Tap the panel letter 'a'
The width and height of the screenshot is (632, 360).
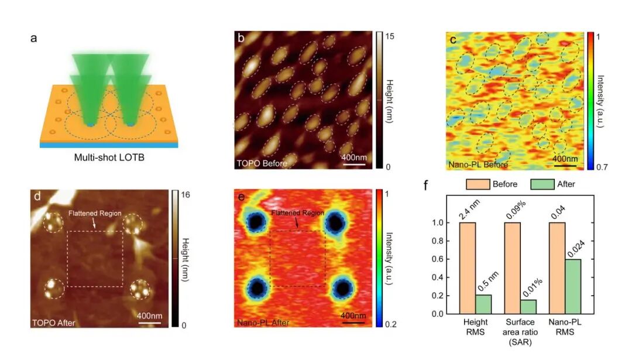(34, 39)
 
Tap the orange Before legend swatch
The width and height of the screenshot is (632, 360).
(478, 184)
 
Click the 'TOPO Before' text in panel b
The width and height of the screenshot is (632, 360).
(262, 163)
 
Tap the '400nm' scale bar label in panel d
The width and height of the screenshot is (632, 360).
(149, 316)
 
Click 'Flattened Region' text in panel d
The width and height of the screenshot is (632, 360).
(95, 214)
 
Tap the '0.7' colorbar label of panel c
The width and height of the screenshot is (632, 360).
(602, 167)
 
